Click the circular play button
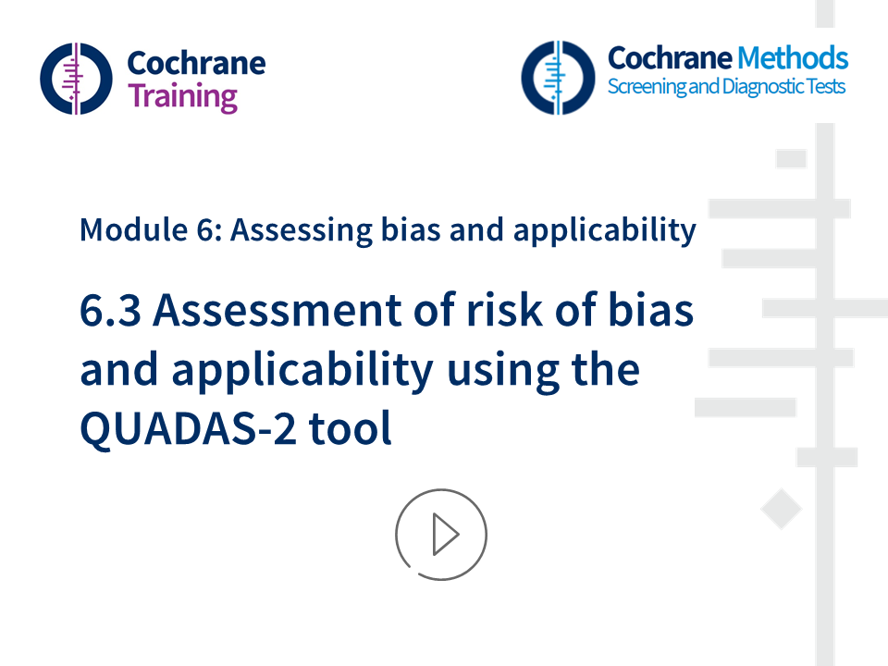pyautogui.click(x=441, y=535)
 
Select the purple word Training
pyautogui.click(x=182, y=96)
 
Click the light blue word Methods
pyautogui.click(x=792, y=58)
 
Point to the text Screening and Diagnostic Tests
pyautogui.click(x=726, y=88)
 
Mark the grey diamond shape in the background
pyautogui.click(x=781, y=510)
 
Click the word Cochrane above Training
pyautogui.click(x=195, y=63)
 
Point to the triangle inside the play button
pyautogui.click(x=445, y=535)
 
